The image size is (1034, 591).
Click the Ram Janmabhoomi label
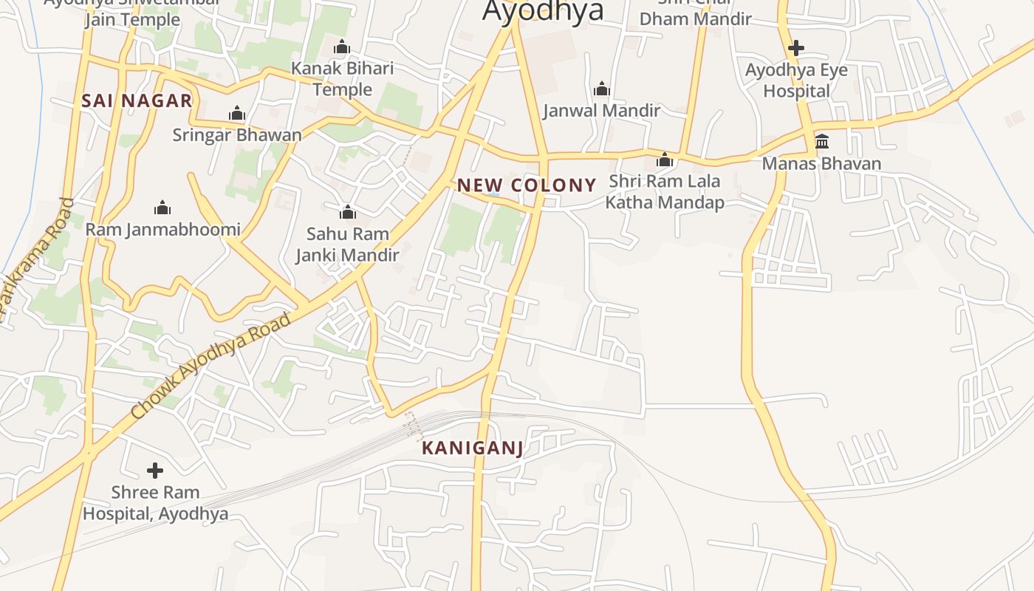pos(162,230)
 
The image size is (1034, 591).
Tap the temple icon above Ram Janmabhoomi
pos(162,208)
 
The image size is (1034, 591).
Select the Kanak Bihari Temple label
pos(342,79)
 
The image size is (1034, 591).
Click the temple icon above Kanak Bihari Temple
pos(341,47)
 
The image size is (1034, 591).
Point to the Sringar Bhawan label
pos(237,135)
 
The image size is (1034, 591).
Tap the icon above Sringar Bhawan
pos(237,113)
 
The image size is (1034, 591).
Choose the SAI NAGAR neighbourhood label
pos(137,101)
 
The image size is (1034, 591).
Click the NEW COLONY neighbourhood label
pos(527,185)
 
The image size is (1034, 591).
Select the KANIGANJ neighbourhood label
pos(473,448)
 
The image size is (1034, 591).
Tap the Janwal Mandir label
pos(601,111)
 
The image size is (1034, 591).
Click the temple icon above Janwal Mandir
pos(602,89)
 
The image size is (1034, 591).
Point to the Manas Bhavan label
pos(821,163)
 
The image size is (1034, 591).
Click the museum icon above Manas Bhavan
pos(821,141)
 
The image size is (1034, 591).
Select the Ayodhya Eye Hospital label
pos(796,81)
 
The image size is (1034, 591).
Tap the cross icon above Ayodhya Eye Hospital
pos(795,48)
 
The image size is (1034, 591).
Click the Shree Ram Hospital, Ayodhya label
pos(155,503)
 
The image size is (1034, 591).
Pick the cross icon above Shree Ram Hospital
pos(155,470)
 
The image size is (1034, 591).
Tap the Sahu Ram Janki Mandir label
pos(347,245)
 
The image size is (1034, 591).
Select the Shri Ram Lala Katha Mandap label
pos(664,192)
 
